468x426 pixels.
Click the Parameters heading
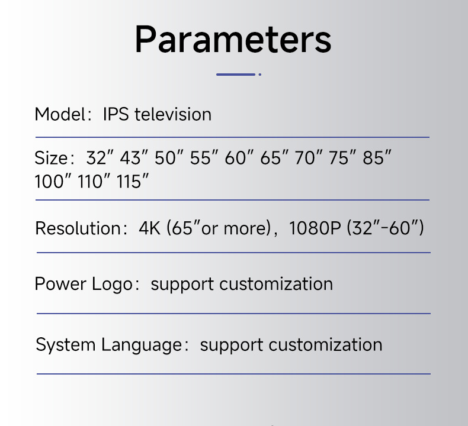point(233,40)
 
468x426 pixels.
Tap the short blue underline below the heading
point(236,75)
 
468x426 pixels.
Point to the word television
point(173,114)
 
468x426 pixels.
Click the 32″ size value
point(100,159)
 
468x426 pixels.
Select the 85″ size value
point(378,159)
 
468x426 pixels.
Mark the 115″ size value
point(132,182)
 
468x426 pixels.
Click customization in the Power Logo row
point(276,284)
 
